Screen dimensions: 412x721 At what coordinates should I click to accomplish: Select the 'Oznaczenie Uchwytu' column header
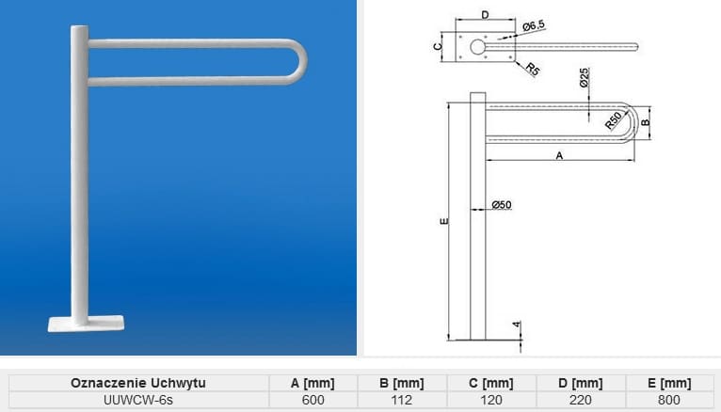137,383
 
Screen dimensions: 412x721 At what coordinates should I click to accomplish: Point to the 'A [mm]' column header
312,383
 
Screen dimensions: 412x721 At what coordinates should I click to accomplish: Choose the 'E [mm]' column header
669,383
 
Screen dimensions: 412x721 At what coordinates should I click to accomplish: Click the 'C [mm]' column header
491,383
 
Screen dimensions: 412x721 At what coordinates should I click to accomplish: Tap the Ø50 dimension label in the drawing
501,205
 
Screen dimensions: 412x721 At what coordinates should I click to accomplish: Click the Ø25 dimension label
585,78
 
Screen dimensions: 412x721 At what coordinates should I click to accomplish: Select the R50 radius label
614,119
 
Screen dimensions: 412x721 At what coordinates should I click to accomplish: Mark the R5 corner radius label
532,69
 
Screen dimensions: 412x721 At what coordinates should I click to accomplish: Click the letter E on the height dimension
442,221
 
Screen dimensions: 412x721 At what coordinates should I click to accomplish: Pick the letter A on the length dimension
559,156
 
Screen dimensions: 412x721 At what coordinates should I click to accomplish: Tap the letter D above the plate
484,14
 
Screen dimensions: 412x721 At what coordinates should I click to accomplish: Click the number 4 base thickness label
517,325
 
